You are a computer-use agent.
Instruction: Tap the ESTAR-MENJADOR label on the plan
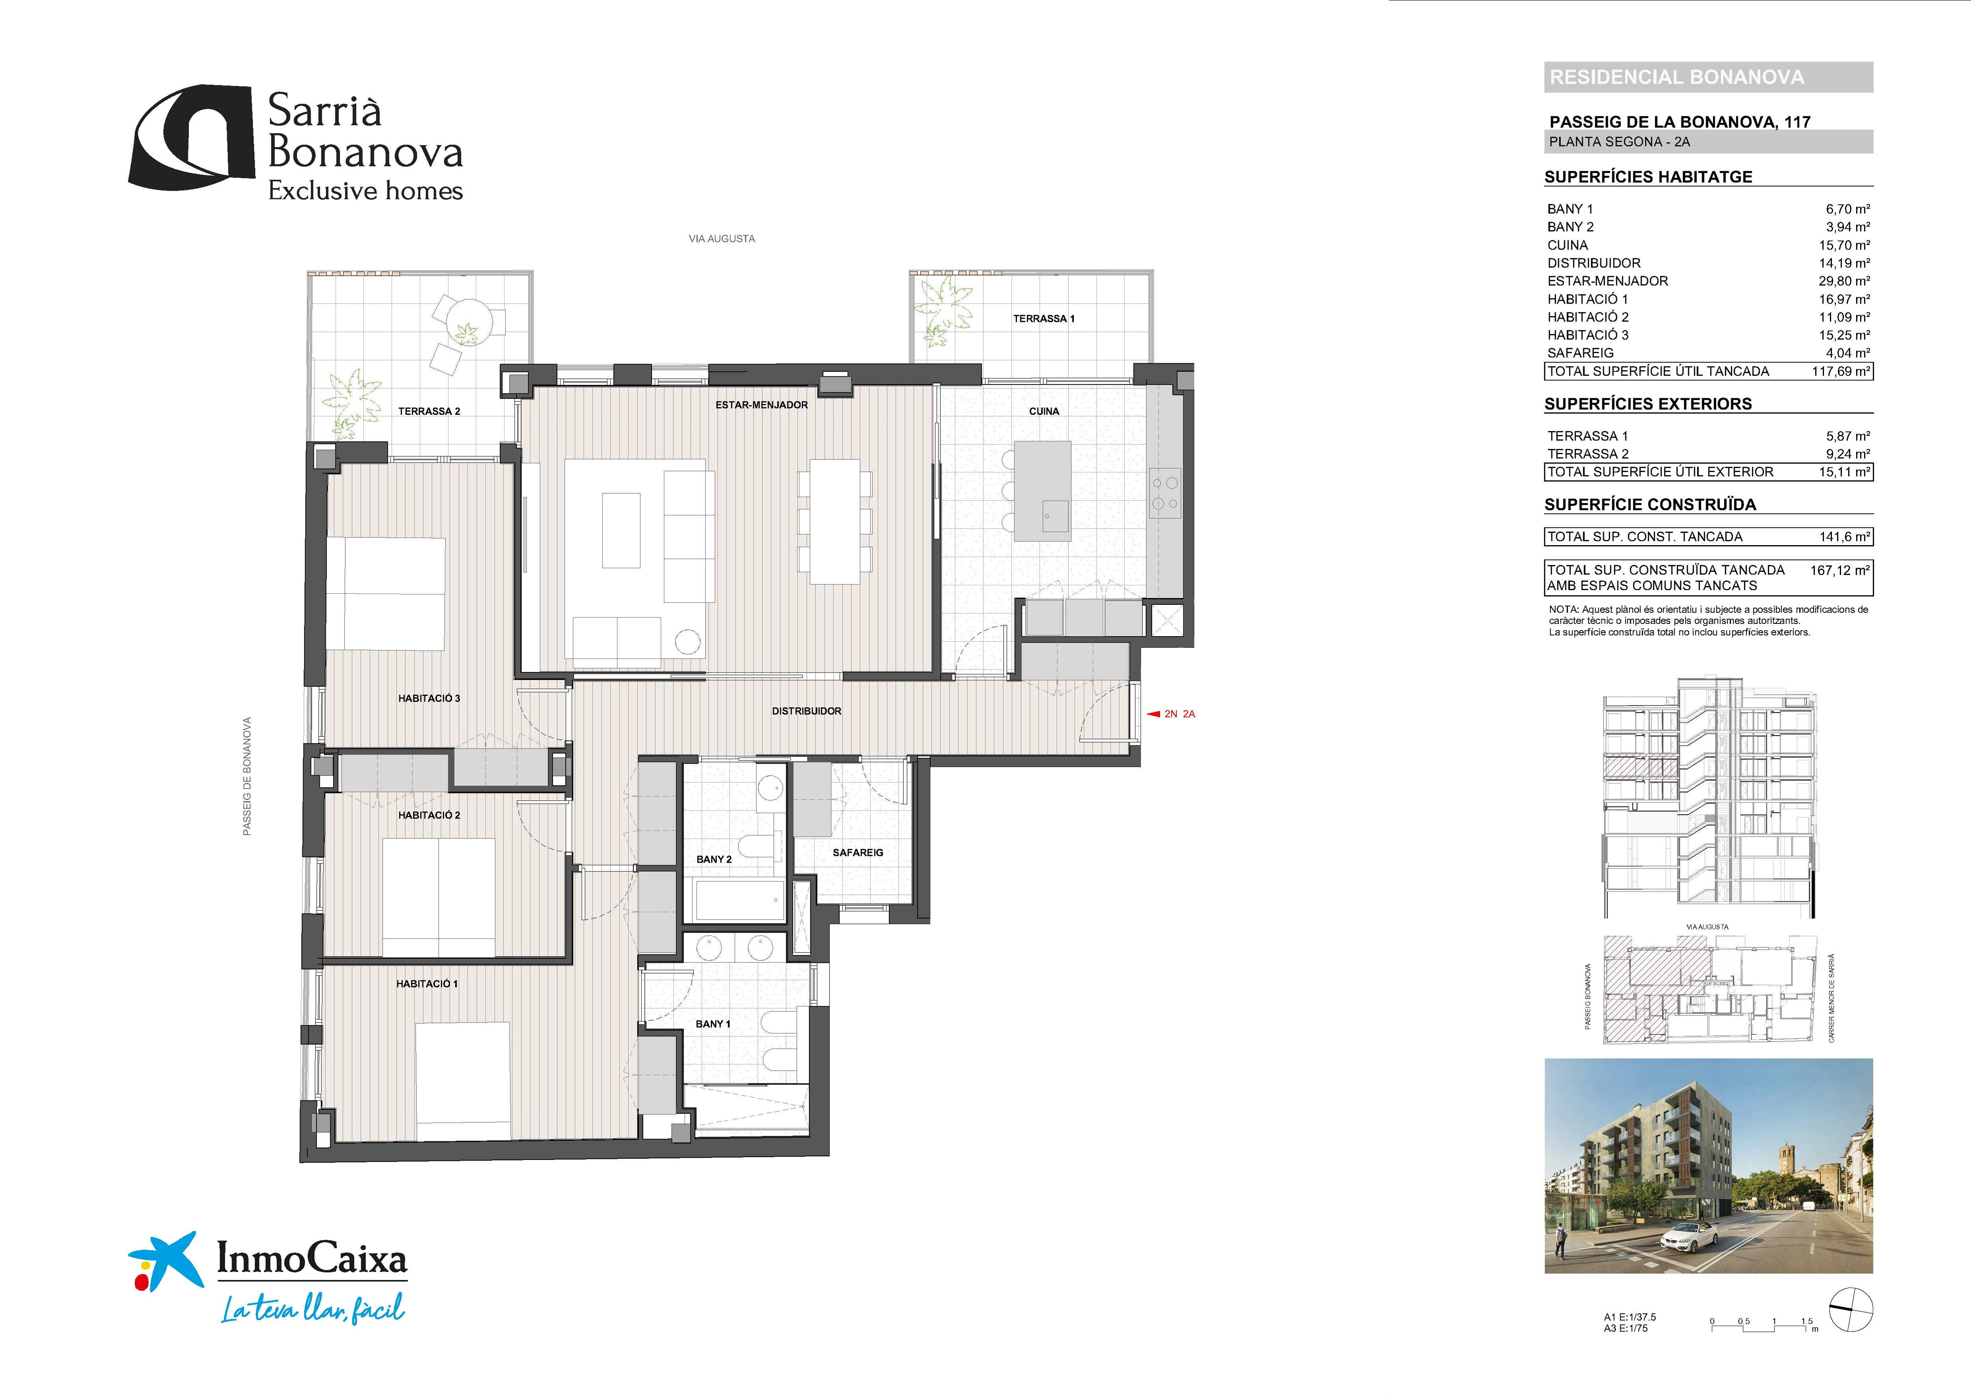click(762, 404)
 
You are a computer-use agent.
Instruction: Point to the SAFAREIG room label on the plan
click(858, 852)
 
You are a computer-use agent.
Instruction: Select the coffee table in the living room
click(621, 530)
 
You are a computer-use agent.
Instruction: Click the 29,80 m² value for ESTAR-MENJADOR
click(1844, 281)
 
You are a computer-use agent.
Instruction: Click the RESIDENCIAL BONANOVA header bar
click(1708, 77)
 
